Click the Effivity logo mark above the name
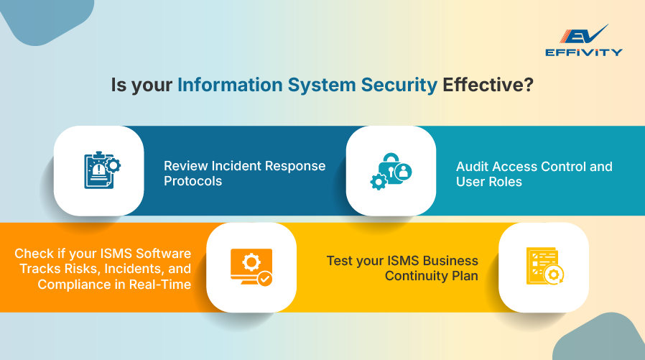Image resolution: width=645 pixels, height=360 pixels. click(x=583, y=36)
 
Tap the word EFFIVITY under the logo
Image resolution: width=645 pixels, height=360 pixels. click(x=583, y=52)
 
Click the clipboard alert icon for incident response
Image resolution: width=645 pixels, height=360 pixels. click(x=98, y=171)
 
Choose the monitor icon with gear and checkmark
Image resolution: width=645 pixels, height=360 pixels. click(x=251, y=267)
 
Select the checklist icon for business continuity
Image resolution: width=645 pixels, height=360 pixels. click(x=543, y=267)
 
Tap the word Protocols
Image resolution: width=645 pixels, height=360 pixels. click(x=192, y=181)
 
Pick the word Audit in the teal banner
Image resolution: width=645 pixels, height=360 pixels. click(x=472, y=167)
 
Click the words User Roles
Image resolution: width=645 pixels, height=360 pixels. click(x=488, y=182)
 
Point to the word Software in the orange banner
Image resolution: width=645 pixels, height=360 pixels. click(x=165, y=254)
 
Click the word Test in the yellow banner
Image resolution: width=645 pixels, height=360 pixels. click(x=340, y=261)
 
